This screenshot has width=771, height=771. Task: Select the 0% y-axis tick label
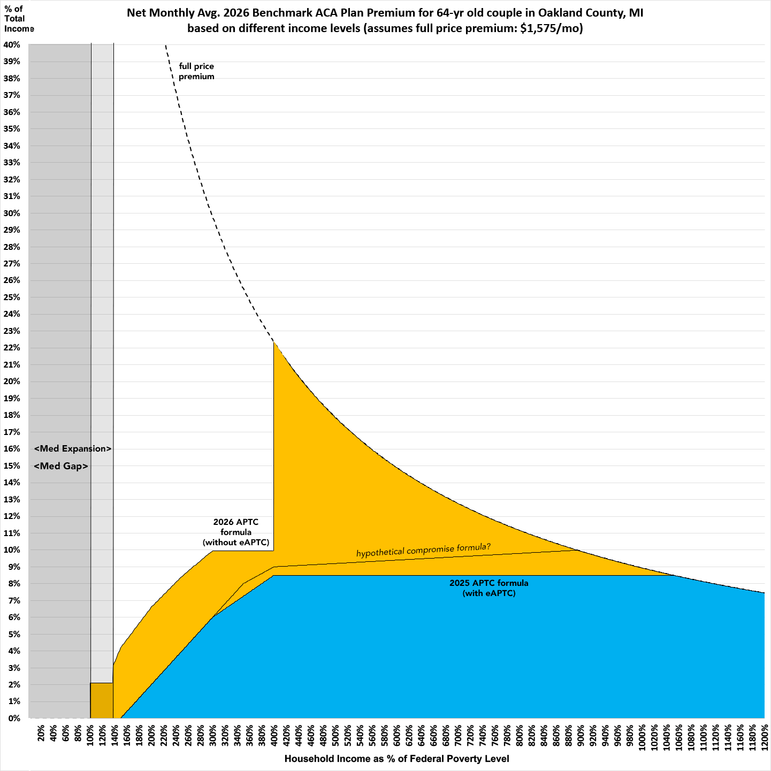click(x=14, y=718)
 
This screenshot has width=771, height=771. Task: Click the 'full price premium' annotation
click(x=196, y=71)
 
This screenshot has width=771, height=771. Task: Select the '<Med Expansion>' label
click(x=73, y=448)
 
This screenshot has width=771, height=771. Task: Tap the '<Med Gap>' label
click(x=61, y=466)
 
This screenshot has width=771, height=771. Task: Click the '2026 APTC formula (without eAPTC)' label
click(x=236, y=532)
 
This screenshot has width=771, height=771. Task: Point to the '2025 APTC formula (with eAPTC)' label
click(x=488, y=588)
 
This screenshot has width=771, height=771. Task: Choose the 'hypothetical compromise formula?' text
click(x=423, y=549)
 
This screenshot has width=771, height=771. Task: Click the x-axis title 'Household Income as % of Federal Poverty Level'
click(x=396, y=759)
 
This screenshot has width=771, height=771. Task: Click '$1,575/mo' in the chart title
click(x=551, y=28)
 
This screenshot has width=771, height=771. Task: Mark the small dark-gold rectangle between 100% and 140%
click(x=102, y=700)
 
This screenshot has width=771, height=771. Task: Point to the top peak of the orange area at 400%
click(x=274, y=343)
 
